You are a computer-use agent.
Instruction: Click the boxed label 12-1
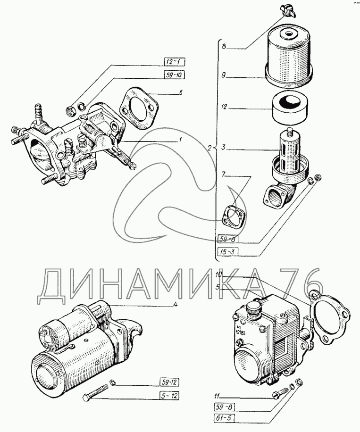pos(173,62)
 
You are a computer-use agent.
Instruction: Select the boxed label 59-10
pos(173,75)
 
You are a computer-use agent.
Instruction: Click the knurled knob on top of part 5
pos(253,309)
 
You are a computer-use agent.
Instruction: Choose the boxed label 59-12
pos(169,382)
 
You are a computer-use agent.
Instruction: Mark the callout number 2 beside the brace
pos(210,148)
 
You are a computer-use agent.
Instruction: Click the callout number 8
pos(224,46)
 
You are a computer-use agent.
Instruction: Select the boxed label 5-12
pos(169,396)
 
